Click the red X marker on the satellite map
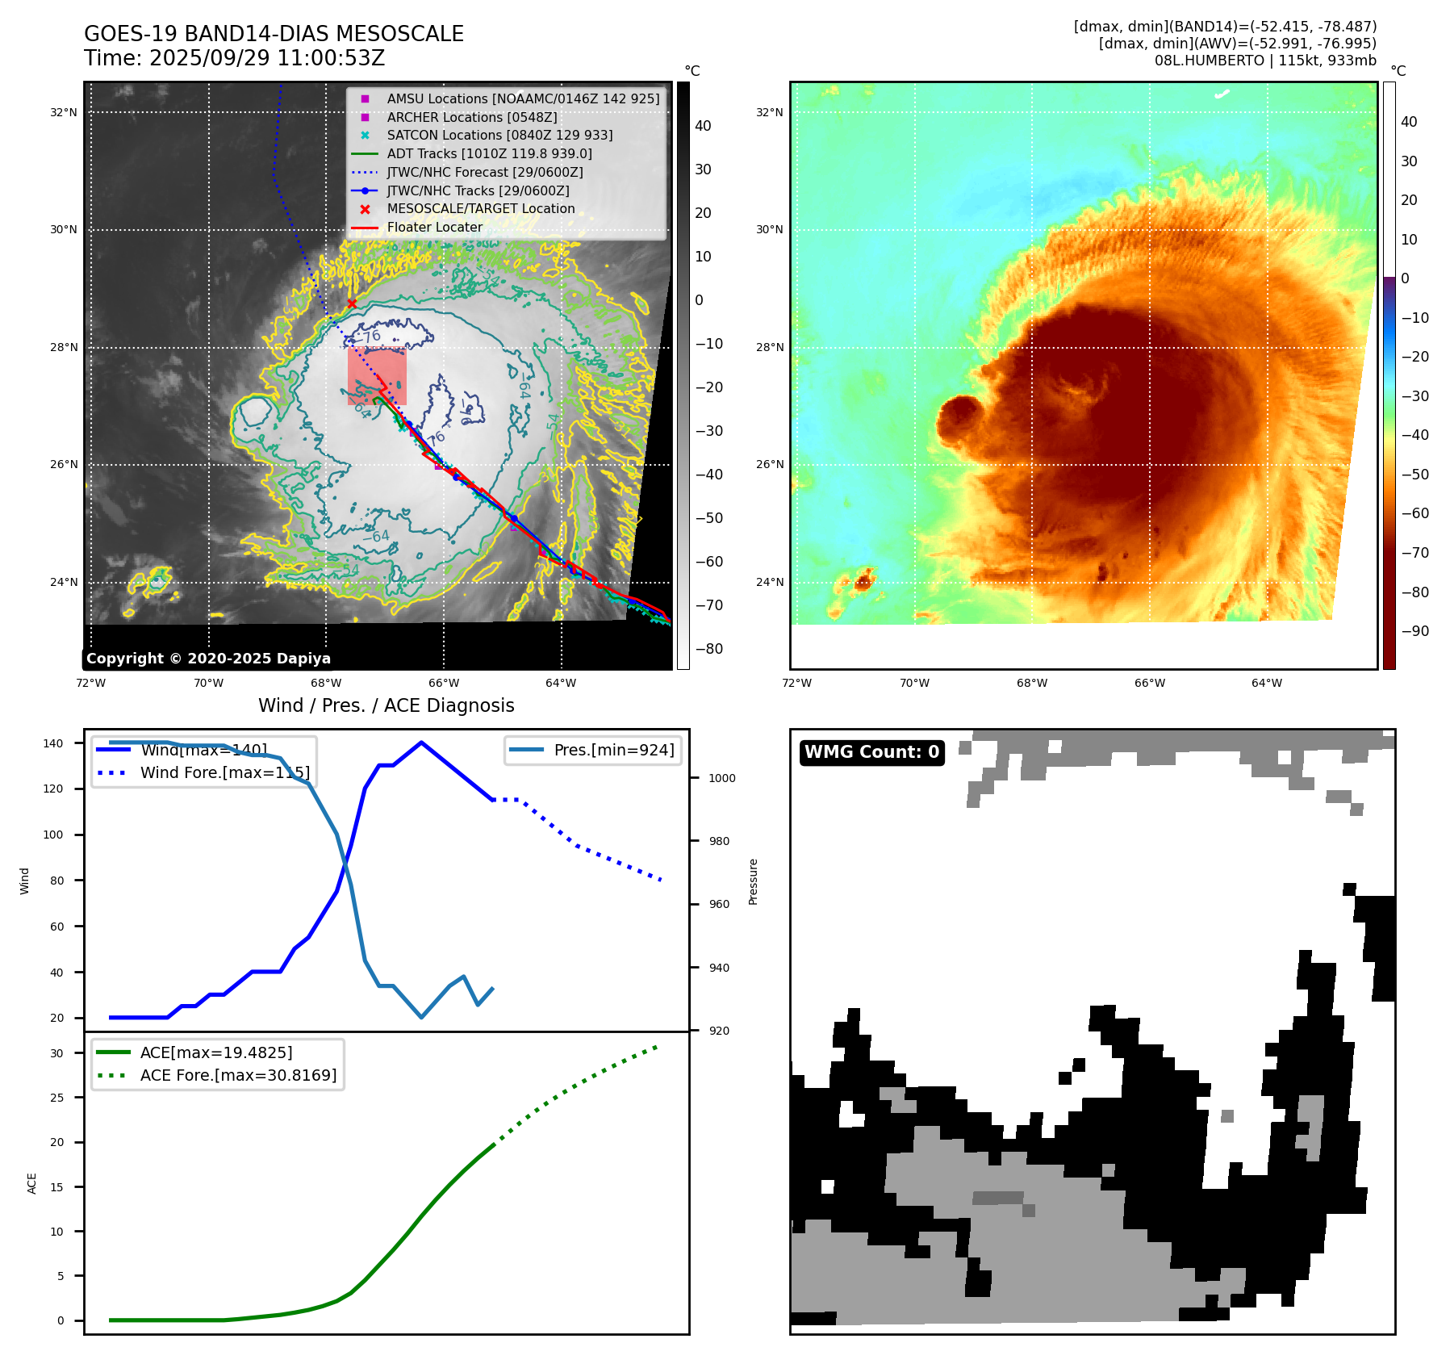(352, 303)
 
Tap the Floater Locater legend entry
(434, 227)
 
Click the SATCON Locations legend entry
(499, 135)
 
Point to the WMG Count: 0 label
(871, 752)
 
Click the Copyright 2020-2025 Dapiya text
(208, 659)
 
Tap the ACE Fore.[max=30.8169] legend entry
(238, 1075)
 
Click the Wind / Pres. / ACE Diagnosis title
(386, 705)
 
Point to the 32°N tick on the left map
(64, 112)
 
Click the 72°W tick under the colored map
(797, 683)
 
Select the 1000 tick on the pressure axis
(721, 778)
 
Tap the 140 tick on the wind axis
(53, 743)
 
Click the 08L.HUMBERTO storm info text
(1264, 61)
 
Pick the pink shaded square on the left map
(377, 376)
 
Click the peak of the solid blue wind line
(421, 742)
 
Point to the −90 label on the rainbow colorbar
(1414, 631)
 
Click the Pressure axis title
(753, 881)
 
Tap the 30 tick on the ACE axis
(56, 1053)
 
